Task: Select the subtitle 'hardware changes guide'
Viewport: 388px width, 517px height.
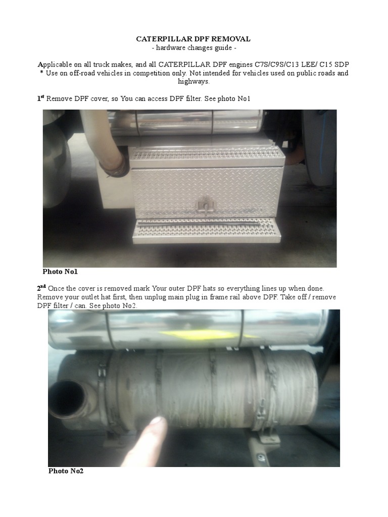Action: coord(193,47)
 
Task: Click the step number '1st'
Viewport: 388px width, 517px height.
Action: coord(40,98)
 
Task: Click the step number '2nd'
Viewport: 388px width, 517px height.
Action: coord(41,288)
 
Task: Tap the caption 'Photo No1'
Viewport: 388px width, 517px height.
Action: coord(60,272)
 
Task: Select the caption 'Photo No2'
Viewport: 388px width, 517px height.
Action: coord(66,471)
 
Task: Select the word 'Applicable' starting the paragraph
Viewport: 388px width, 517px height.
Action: coord(56,65)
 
